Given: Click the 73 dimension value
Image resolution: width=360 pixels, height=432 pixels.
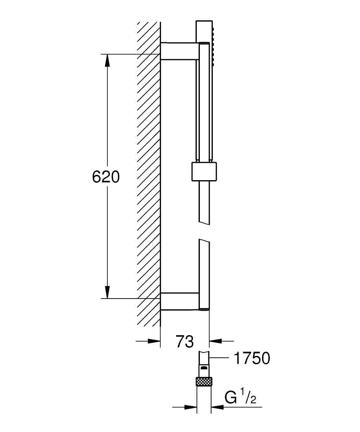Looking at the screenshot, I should pos(185,341).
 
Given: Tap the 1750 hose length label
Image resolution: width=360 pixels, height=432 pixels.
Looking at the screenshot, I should pos(252,358).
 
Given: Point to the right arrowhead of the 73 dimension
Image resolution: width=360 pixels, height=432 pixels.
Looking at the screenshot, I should pos(215,341).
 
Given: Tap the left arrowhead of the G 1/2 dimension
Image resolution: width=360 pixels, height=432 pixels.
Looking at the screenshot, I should pos(190,407).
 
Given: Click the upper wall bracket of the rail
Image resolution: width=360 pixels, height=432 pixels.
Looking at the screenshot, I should pos(180,51).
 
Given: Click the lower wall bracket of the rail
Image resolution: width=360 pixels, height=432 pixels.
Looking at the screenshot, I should pos(180,301).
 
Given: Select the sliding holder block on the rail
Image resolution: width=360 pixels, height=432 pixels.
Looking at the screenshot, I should pos(203,171).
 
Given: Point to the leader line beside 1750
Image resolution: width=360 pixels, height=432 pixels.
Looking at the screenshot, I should pos(220,358).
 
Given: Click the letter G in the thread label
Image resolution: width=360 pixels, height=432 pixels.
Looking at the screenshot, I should pos(232,397).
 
